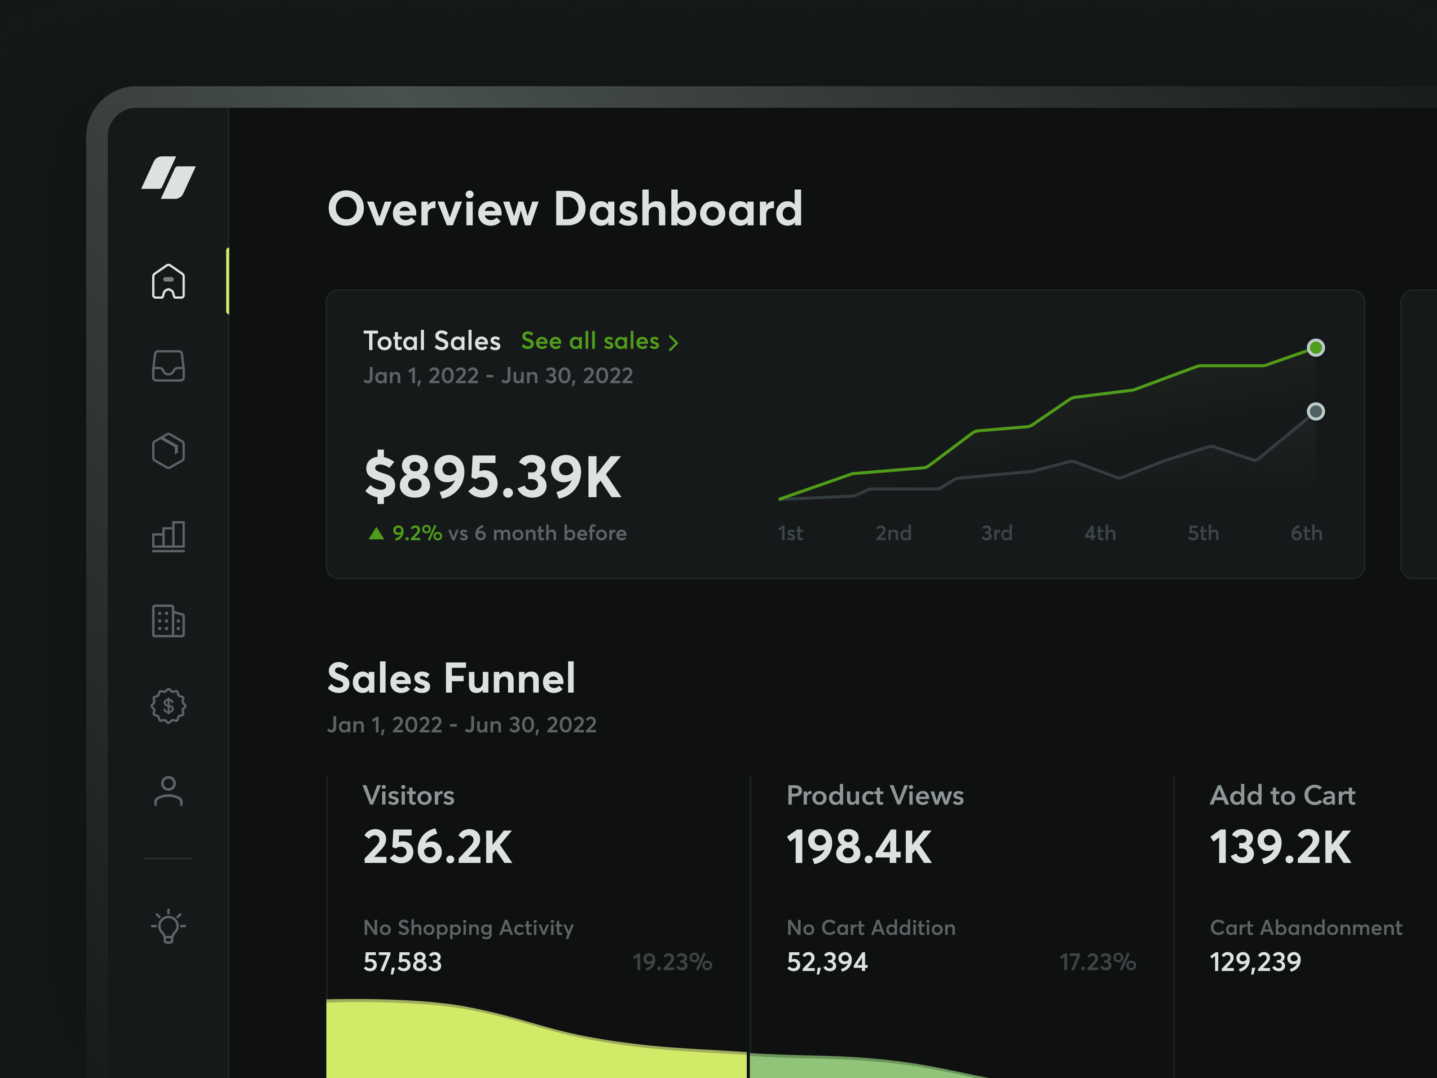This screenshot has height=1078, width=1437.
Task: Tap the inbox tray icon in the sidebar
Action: tap(168, 366)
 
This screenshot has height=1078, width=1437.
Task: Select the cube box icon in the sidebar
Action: tap(168, 451)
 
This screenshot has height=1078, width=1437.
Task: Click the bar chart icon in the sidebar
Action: tap(168, 536)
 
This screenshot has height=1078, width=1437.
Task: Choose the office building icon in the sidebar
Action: tap(168, 621)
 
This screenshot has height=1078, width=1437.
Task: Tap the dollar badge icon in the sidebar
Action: tap(168, 706)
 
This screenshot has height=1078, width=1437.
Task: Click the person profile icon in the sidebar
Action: tap(168, 791)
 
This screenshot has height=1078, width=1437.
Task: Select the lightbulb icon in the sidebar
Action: tap(168, 925)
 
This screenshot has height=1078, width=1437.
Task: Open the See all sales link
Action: tap(599, 341)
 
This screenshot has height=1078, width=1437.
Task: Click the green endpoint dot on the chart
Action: tap(1315, 348)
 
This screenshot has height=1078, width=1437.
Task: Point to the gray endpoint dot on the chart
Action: tap(1315, 411)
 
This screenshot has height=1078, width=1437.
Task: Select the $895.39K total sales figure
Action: tap(493, 477)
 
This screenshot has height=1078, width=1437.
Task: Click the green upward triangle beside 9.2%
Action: tap(376, 534)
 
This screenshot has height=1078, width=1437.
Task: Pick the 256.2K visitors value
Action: tap(437, 847)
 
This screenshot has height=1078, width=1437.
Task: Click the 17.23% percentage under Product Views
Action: tap(1097, 962)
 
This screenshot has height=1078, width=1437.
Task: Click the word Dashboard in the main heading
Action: tap(678, 209)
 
